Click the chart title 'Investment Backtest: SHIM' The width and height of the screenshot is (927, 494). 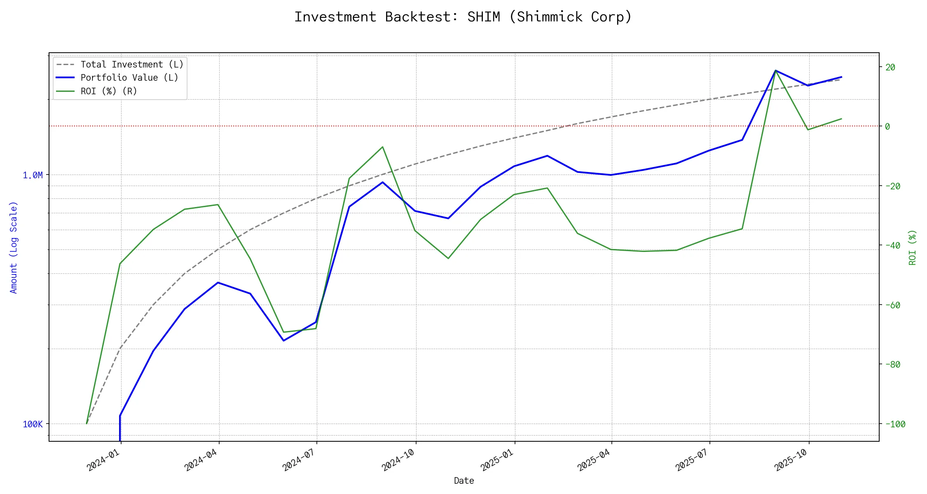click(463, 17)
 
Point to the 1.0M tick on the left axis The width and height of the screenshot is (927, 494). click(33, 175)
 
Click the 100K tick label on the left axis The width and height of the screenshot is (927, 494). click(33, 424)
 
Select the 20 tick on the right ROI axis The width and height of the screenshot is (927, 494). click(890, 68)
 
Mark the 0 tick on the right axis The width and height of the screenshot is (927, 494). click(887, 126)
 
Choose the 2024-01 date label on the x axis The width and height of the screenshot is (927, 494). click(103, 460)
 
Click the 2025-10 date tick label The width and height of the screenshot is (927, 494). click(791, 460)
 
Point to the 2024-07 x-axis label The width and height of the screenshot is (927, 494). click(299, 460)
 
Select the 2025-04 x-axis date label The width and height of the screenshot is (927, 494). click(594, 460)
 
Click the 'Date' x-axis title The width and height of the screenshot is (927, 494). click(464, 480)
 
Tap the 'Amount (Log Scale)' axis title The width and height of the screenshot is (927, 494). click(14, 247)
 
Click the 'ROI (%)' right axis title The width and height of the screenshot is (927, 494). click(913, 247)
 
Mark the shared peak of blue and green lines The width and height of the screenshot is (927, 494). click(775, 70)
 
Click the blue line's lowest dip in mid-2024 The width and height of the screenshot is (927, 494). click(283, 340)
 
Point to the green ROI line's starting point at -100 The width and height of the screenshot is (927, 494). click(87, 423)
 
